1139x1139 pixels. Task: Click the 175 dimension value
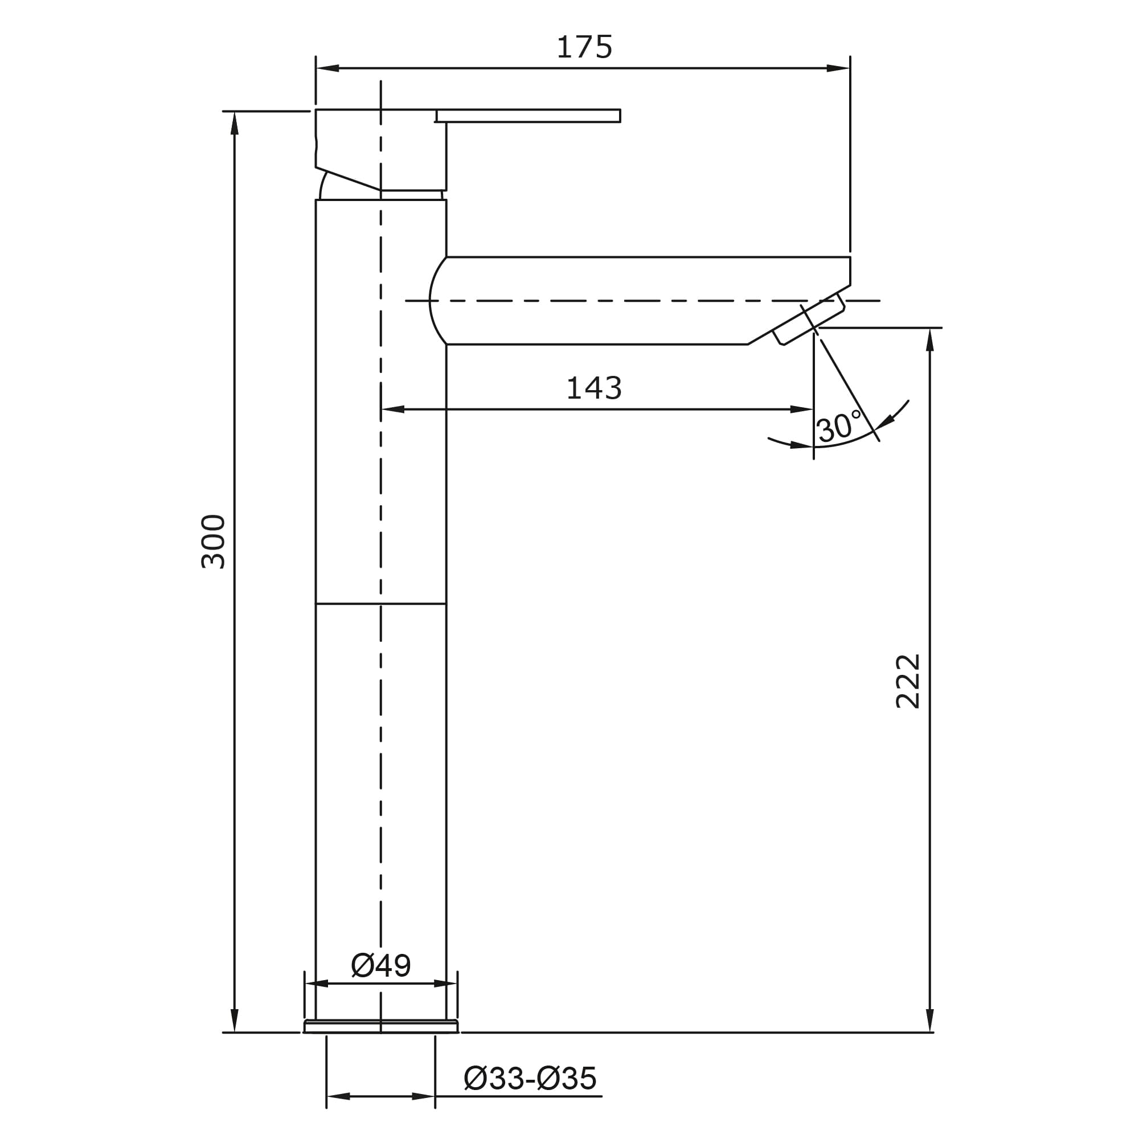click(x=584, y=47)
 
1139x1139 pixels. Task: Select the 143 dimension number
click(x=593, y=388)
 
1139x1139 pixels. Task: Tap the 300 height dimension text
click(x=214, y=541)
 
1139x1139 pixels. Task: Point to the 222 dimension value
click(x=907, y=681)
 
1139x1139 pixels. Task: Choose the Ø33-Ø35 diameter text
click(x=531, y=1078)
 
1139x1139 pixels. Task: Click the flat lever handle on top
click(x=528, y=116)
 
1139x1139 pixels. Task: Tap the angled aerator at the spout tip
click(x=809, y=319)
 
